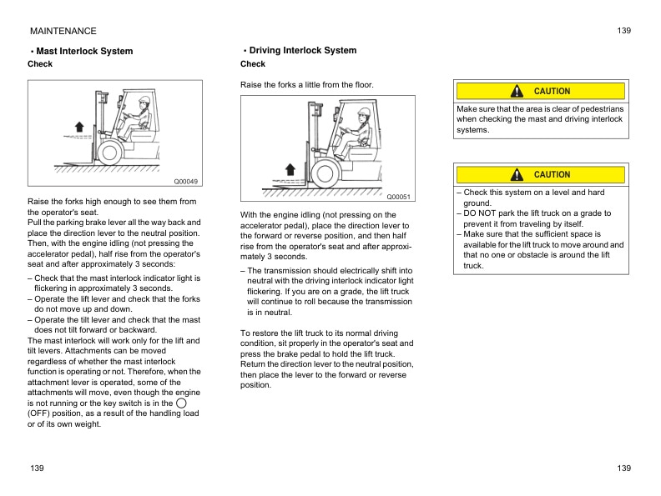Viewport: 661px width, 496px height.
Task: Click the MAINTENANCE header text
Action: coord(63,31)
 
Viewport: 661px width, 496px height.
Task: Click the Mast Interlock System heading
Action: coord(84,51)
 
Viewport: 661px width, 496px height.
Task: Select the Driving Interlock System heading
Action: coord(302,50)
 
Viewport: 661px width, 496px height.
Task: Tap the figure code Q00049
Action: coord(185,181)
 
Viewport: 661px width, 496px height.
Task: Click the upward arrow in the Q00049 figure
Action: coord(79,125)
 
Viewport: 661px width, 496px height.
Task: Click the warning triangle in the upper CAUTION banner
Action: coord(517,91)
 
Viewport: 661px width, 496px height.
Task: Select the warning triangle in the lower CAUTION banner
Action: coord(517,174)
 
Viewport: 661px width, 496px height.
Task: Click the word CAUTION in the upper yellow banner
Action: coord(552,91)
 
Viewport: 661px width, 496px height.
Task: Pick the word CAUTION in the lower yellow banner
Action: coord(552,174)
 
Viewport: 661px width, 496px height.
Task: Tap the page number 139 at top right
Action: coord(624,31)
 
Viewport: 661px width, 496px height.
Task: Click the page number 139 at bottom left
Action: coord(36,468)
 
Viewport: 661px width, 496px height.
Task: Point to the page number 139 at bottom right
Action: coord(624,468)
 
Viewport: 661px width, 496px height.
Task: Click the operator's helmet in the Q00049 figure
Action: coord(144,100)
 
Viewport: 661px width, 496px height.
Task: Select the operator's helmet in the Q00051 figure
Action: coord(363,112)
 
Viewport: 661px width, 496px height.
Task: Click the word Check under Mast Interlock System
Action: coord(40,64)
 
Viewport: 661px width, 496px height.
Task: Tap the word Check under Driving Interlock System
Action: coord(253,64)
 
